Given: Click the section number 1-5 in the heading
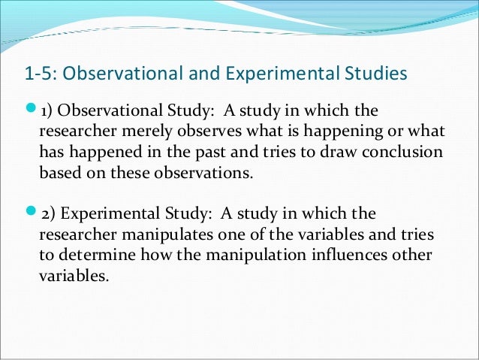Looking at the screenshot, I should click(x=38, y=74).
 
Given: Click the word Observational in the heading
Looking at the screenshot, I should click(x=114, y=74).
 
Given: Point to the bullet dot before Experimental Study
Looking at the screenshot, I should click(x=30, y=214).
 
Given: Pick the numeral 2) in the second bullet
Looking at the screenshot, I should click(x=46, y=214).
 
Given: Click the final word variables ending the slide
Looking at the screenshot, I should click(x=74, y=275).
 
